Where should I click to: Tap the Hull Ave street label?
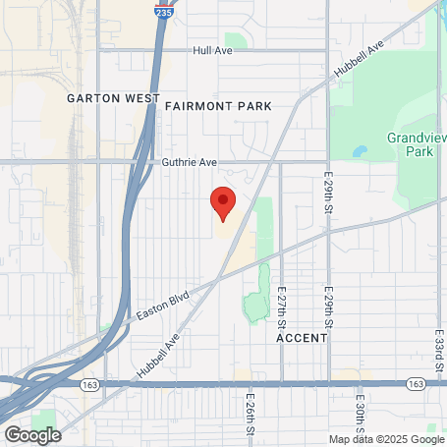(212, 50)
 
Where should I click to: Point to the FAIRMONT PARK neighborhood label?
(217, 105)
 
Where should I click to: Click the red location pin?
(223, 202)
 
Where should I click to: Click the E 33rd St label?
(437, 349)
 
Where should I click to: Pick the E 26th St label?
(251, 416)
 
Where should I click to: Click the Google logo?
(32, 434)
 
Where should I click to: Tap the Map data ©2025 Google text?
(386, 439)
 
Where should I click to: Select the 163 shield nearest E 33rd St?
(416, 383)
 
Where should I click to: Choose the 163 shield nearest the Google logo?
(89, 383)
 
